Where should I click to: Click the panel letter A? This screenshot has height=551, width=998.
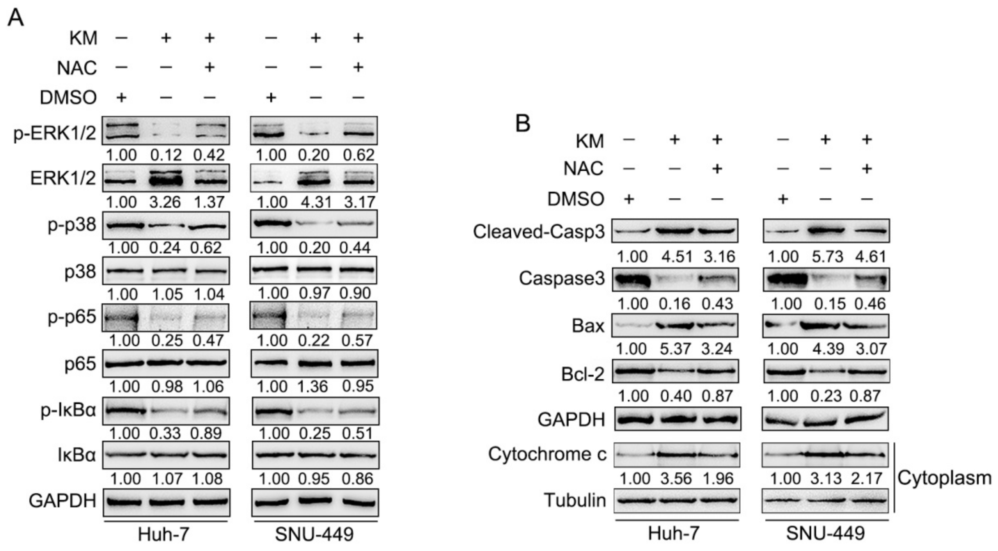click(16, 18)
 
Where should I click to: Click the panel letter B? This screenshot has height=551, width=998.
click(523, 124)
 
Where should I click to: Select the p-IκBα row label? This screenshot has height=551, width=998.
click(68, 411)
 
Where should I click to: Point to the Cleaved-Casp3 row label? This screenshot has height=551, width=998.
click(539, 232)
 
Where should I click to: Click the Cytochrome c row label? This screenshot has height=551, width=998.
click(547, 454)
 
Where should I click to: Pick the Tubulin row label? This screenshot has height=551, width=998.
click(575, 500)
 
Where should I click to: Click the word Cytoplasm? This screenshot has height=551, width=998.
click(944, 478)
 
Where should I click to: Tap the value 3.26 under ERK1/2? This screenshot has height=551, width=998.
click(165, 202)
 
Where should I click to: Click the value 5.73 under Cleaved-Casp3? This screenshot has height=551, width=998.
click(827, 257)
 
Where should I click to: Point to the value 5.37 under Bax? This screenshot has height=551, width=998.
click(676, 349)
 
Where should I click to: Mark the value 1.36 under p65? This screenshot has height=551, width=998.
click(314, 386)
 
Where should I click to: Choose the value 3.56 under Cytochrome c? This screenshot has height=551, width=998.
click(676, 479)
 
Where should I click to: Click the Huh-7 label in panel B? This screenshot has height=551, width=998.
click(674, 534)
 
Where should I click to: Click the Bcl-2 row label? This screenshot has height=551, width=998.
click(583, 374)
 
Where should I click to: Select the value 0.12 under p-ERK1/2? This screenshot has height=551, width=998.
click(165, 155)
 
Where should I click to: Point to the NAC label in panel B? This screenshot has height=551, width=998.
click(583, 169)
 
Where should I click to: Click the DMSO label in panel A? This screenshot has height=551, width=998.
click(68, 97)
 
